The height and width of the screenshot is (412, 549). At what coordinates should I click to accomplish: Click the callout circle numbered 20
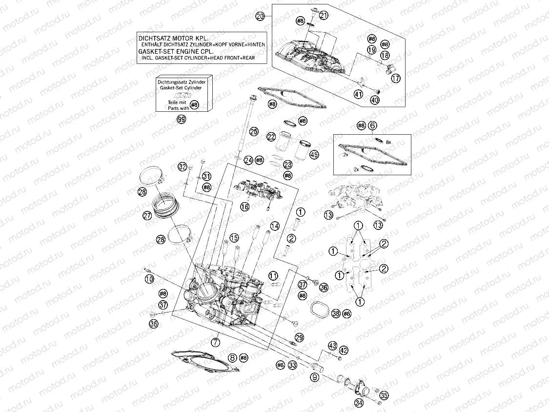(260, 16)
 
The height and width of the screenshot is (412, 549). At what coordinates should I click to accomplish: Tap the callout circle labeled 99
(182, 120)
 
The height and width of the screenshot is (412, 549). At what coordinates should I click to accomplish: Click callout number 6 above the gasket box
(372, 125)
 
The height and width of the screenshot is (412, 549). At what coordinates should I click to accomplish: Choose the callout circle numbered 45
(314, 155)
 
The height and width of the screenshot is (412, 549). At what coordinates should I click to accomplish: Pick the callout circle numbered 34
(359, 403)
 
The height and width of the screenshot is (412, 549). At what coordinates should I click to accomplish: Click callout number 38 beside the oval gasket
(336, 313)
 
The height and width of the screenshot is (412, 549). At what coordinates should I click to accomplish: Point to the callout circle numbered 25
(254, 131)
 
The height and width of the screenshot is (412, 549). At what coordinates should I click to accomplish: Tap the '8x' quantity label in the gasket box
(388, 142)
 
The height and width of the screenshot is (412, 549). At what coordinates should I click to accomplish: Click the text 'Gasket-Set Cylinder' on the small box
(181, 88)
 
